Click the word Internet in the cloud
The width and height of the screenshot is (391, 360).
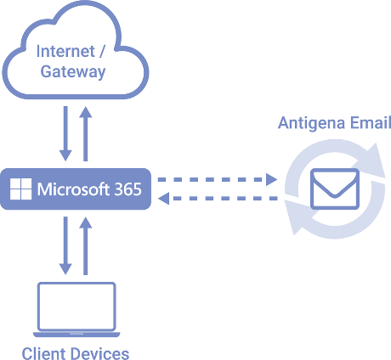[x=65, y=52]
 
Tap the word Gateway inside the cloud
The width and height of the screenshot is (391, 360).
[x=73, y=71]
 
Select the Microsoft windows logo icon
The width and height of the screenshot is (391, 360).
[x=20, y=188]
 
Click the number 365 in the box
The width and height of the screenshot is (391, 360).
[x=128, y=189]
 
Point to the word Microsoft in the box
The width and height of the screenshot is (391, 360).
[x=73, y=189]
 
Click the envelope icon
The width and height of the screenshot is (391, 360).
[x=335, y=188]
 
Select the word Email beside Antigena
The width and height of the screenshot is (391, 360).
[x=371, y=122]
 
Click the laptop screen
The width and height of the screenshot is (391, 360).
[x=76, y=307]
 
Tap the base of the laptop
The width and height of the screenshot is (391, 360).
[x=76, y=335]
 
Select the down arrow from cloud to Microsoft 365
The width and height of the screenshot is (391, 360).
[x=65, y=133]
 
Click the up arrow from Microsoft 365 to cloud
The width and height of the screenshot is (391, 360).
[x=86, y=133]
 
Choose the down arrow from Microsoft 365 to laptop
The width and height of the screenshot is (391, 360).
[x=65, y=245]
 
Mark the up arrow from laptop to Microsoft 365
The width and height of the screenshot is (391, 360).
[x=86, y=245]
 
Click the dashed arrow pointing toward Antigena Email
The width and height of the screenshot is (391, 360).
[x=218, y=179]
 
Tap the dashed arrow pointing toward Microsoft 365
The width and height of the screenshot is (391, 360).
[x=218, y=198]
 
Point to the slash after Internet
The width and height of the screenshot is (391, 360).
[x=101, y=52]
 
